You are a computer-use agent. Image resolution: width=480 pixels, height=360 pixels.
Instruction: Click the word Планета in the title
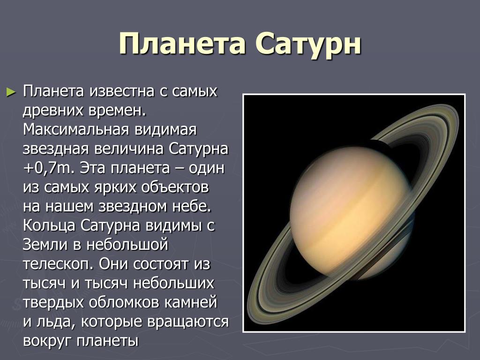tap(182, 43)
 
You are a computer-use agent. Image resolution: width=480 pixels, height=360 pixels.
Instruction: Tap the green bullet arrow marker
tap(11, 91)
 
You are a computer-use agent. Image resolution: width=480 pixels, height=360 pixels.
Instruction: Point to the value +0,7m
tap(49, 168)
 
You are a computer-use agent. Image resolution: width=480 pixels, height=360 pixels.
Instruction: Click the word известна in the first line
tap(122, 91)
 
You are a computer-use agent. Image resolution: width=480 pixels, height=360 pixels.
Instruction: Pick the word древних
tap(53, 111)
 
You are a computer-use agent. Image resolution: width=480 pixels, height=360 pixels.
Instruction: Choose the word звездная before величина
tap(56, 149)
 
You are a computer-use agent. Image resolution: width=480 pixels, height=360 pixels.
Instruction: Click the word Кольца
tap(49, 226)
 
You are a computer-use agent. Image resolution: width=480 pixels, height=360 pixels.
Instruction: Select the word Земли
tap(45, 245)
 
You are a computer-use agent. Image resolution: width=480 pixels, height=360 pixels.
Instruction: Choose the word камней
tap(191, 302)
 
